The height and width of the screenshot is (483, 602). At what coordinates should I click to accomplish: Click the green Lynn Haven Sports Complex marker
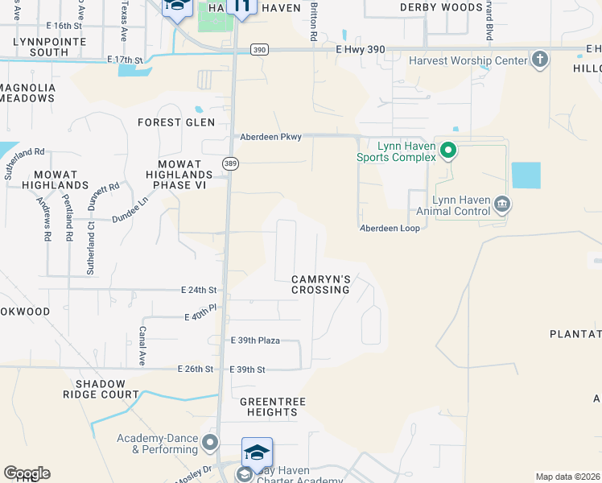449,150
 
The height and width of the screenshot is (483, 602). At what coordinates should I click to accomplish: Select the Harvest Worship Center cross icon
539,60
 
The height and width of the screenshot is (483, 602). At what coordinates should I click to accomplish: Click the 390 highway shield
258,50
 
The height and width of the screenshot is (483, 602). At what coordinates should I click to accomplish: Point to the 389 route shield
231,162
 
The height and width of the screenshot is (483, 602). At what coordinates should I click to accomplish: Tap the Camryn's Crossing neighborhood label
320,284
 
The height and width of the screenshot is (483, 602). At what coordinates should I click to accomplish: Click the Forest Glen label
176,122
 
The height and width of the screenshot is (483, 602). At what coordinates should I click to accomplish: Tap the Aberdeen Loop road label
390,228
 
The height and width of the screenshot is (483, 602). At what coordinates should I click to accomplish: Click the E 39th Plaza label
255,341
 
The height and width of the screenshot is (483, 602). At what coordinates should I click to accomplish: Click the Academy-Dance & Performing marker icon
210,442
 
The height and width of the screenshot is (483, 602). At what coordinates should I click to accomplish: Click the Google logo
27,473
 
